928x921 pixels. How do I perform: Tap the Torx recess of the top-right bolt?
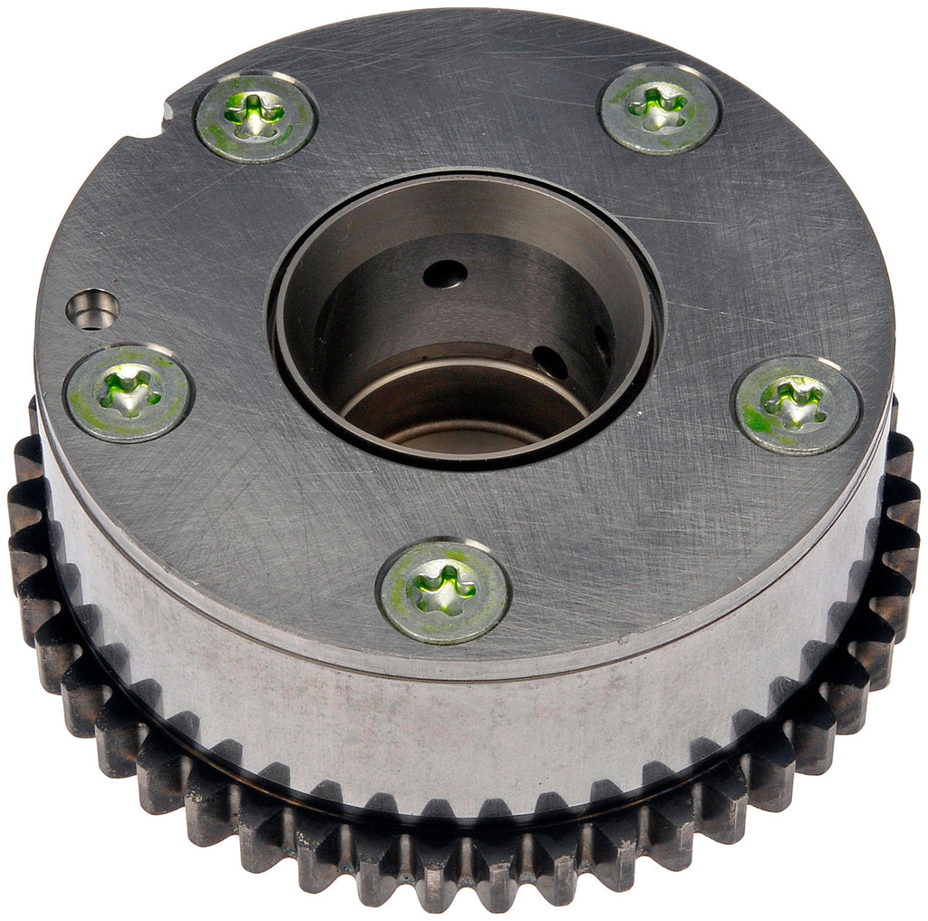coord(659,107)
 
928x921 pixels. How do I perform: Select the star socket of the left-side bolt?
coord(128,392)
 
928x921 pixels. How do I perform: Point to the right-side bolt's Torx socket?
coord(796,402)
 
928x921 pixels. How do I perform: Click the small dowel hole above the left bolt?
coord(92,310)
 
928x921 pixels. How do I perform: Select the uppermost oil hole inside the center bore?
coord(446,274)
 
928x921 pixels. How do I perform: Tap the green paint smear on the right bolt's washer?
coord(758,422)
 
